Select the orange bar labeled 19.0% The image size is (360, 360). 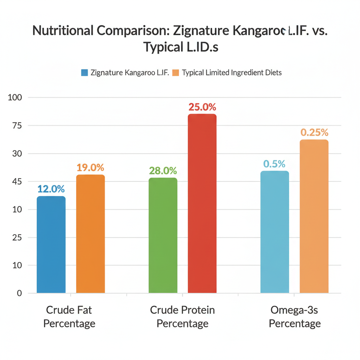(x=90, y=234)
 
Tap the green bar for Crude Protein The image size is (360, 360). (x=163, y=235)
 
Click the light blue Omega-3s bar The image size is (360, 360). (x=275, y=232)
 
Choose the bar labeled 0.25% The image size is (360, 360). (x=314, y=216)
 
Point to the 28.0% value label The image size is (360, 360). (x=163, y=171)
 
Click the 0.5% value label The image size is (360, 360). (x=274, y=164)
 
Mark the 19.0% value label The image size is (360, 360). (x=90, y=168)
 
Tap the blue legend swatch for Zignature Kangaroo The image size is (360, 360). (x=84, y=73)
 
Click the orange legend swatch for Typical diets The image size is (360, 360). (x=176, y=73)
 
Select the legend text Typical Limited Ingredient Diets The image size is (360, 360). (x=232, y=73)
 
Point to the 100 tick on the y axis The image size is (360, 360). (x=15, y=97)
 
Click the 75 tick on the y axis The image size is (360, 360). (x=17, y=126)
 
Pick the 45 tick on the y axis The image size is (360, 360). (x=17, y=181)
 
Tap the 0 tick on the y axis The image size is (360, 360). (x=19, y=293)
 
